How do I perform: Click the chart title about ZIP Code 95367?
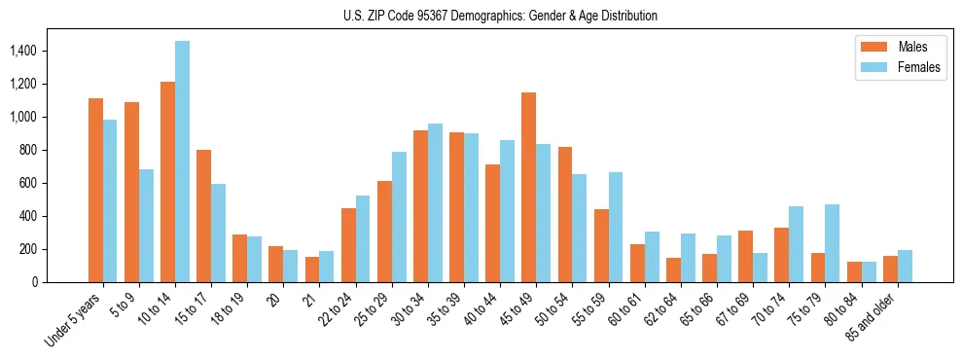pos(500,16)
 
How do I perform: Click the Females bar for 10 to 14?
pos(183,162)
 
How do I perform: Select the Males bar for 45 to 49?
pos(529,188)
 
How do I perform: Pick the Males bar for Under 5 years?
pos(95,191)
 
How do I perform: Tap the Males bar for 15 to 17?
pos(204,216)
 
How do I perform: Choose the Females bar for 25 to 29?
pos(399,217)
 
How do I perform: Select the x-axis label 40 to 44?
pos(490,309)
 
